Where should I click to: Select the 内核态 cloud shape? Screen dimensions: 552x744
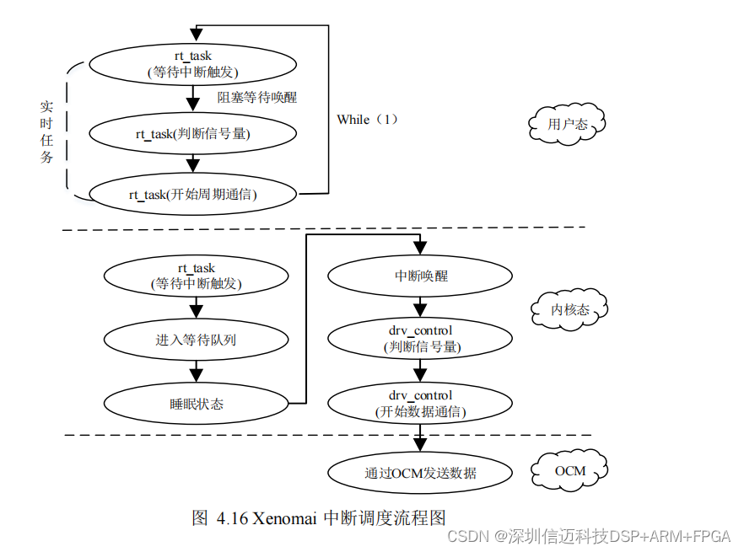click(569, 310)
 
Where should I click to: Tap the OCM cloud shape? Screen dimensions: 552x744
click(569, 470)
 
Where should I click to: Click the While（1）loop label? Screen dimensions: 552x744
click(367, 120)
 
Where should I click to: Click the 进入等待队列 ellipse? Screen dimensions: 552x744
click(196, 339)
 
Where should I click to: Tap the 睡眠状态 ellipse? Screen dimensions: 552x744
click(196, 403)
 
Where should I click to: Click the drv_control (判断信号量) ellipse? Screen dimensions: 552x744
click(420, 338)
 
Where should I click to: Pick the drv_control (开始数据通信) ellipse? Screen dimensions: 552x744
click(420, 403)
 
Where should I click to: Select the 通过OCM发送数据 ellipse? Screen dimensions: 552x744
click(420, 473)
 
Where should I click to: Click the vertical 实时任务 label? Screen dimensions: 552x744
click(47, 133)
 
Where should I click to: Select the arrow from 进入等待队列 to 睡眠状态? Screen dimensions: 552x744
click(196, 370)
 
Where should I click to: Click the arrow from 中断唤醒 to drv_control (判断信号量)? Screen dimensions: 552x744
click(419, 307)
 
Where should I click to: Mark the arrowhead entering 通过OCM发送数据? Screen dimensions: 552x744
click(419, 449)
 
